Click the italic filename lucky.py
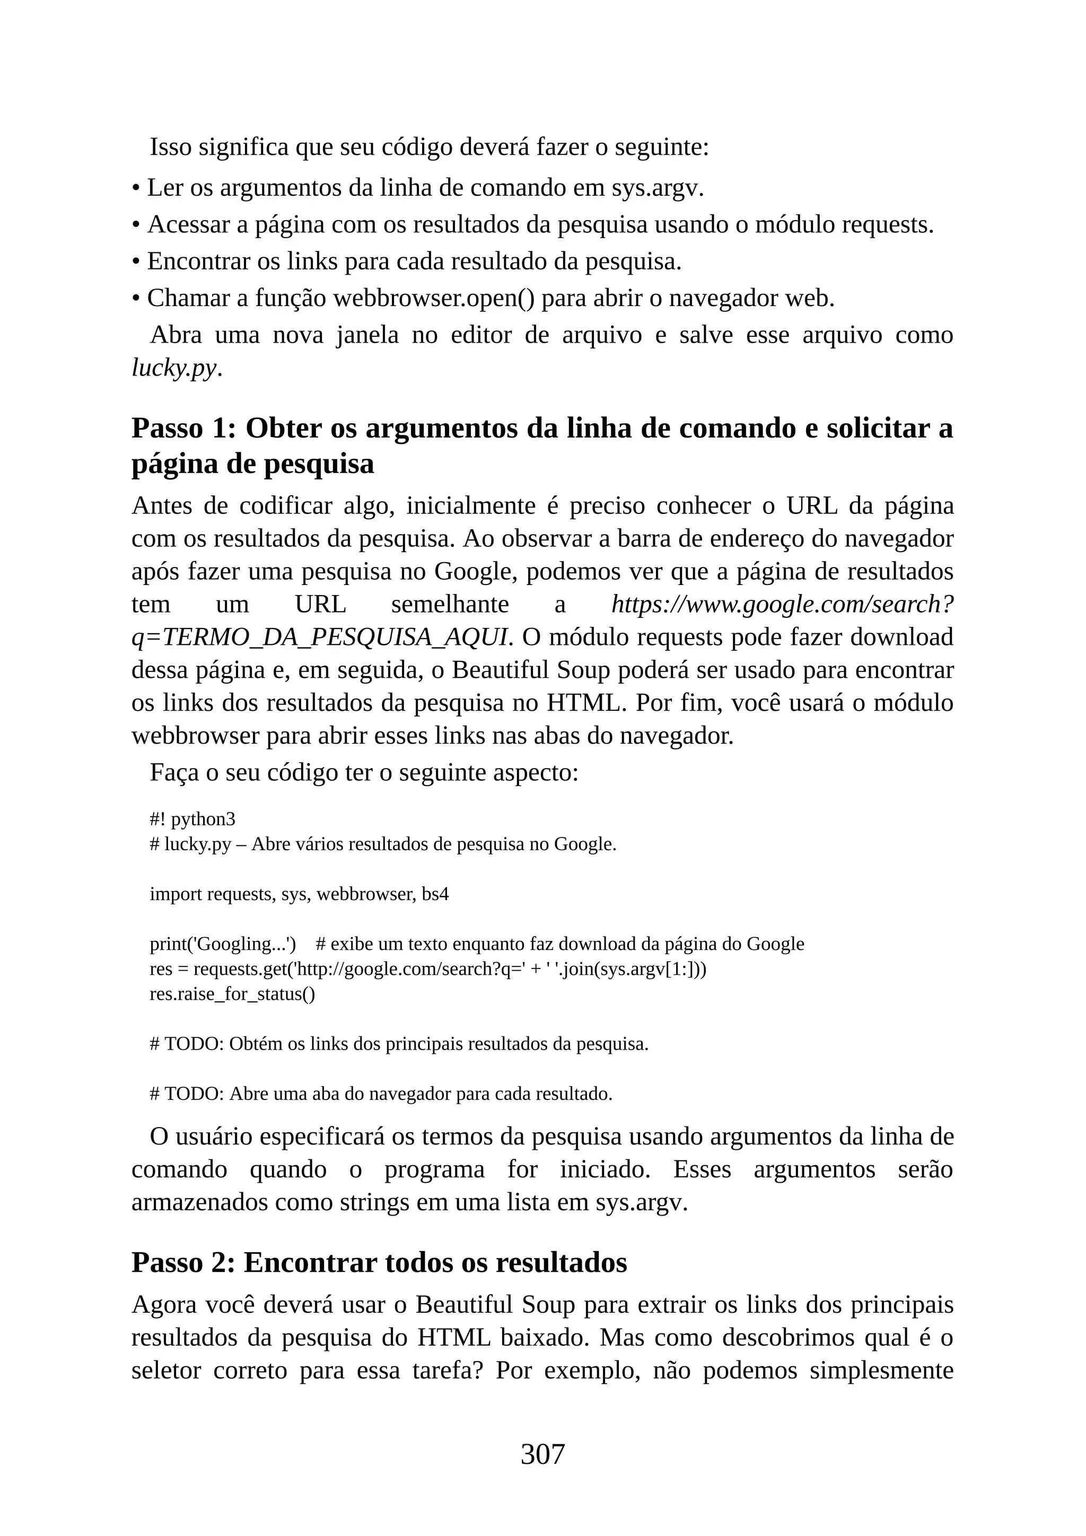tap(174, 368)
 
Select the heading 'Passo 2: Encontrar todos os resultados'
tap(379, 1262)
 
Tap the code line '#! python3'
tap(192, 819)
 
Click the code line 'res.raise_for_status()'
tap(232, 993)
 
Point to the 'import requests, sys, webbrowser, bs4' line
tap(299, 894)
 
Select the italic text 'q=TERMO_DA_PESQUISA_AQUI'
tap(319, 638)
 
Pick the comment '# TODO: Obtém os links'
tap(399, 1044)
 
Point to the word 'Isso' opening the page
tap(171, 147)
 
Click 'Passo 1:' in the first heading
tap(184, 428)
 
